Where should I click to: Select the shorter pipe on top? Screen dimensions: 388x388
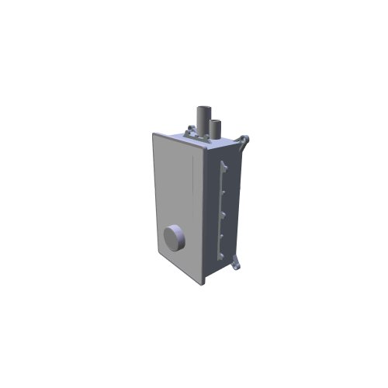216,130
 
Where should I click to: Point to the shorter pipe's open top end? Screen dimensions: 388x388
217,122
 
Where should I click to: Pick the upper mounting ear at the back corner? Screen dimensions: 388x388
245,141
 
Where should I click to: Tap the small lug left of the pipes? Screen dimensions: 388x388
189,130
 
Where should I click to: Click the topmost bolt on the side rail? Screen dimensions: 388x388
223,165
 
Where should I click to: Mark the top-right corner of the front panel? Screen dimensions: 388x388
203,153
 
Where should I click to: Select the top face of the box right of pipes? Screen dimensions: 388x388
230,144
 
